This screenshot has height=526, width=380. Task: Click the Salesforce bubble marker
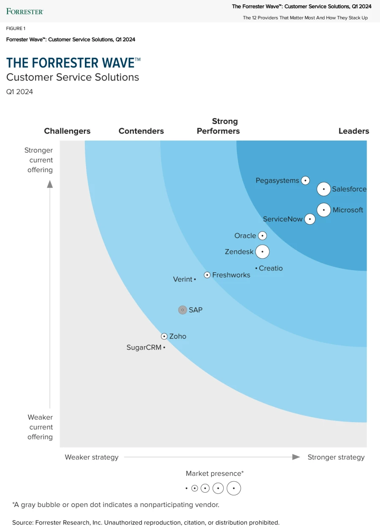tap(324, 189)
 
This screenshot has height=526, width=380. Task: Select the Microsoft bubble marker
tap(324, 210)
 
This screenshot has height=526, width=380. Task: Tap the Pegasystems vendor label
tap(277, 181)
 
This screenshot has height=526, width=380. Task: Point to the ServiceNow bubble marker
tap(310, 219)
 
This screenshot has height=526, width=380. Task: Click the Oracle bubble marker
tap(262, 236)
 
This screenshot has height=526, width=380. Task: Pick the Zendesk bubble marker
tap(262, 252)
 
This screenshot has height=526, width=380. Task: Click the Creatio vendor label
tap(271, 268)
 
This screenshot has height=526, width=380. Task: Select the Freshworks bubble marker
tap(207, 275)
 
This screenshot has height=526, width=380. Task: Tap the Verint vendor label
tap(183, 279)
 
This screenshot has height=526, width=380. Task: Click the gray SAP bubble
tap(182, 310)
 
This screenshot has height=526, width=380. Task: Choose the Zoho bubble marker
tap(164, 336)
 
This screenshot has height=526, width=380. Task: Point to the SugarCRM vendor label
tap(144, 347)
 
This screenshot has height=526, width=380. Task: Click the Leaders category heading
tap(353, 131)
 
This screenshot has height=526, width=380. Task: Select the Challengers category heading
tap(67, 131)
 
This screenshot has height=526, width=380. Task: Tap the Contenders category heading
tap(141, 131)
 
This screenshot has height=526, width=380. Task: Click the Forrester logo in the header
tap(24, 11)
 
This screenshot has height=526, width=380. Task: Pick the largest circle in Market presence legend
tap(233, 488)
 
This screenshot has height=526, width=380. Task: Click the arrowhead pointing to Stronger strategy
tap(296, 457)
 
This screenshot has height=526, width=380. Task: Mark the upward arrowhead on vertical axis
tap(50, 184)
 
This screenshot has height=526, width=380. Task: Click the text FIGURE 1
tap(16, 28)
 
